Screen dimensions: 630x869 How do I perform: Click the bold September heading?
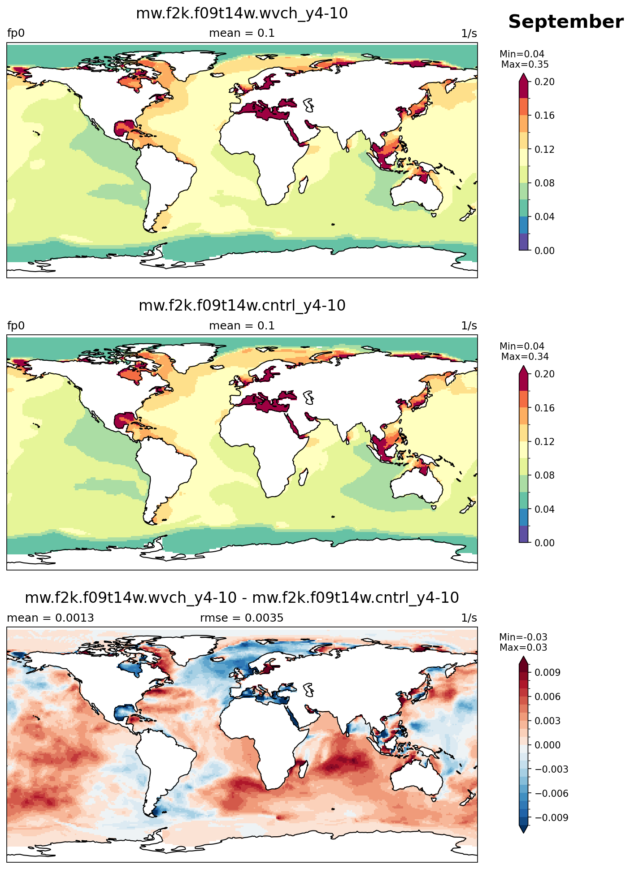point(565,22)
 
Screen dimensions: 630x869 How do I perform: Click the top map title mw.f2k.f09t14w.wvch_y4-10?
point(242,13)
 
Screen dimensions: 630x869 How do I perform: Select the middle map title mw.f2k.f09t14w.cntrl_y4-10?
point(242,306)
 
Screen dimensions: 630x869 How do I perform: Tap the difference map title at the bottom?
point(242,597)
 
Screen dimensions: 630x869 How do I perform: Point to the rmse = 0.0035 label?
point(242,618)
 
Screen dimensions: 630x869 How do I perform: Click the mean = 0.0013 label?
point(50,618)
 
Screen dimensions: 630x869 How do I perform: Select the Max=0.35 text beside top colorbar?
point(525,64)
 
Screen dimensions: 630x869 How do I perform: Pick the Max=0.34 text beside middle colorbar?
point(525,357)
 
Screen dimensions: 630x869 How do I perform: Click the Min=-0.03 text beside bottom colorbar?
point(523,637)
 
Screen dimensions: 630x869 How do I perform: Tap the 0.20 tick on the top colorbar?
point(544,82)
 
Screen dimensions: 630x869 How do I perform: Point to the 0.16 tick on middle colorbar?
point(544,408)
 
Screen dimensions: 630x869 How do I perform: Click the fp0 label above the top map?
point(16,34)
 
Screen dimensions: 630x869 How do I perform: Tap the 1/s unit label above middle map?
point(469,326)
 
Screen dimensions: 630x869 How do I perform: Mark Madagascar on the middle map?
point(303,476)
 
